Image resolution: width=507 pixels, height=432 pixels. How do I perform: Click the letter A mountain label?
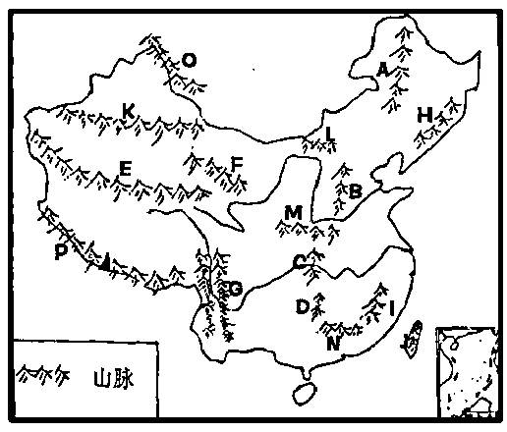pyautogui.click(x=382, y=69)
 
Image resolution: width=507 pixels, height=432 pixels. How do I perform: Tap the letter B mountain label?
pyautogui.click(x=356, y=191)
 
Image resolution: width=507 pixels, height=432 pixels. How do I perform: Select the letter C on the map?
pyautogui.click(x=299, y=262)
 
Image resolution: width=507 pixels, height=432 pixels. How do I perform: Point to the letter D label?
pyautogui.click(x=302, y=306)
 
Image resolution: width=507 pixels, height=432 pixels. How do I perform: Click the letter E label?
pyautogui.click(x=126, y=169)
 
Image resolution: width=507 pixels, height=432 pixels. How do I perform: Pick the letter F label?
pyautogui.click(x=236, y=164)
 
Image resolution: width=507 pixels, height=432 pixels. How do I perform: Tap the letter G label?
pyautogui.click(x=236, y=289)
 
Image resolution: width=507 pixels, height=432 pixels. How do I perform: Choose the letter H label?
pyautogui.click(x=424, y=115)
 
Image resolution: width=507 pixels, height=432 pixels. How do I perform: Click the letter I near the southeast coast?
pyautogui.click(x=391, y=308)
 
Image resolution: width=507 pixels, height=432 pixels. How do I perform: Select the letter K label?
pyautogui.click(x=128, y=111)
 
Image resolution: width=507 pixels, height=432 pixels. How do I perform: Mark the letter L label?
pyautogui.click(x=330, y=134)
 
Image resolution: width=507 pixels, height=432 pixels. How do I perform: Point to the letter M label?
pyautogui.click(x=293, y=212)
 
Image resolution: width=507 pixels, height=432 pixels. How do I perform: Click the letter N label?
pyautogui.click(x=333, y=344)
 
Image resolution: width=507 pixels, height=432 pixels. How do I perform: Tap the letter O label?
pyautogui.click(x=189, y=61)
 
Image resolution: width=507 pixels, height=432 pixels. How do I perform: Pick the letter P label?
pyautogui.click(x=61, y=251)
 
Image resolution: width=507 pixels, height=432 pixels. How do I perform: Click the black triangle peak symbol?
pyautogui.click(x=105, y=263)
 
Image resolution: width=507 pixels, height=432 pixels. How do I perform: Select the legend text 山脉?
pyautogui.click(x=114, y=379)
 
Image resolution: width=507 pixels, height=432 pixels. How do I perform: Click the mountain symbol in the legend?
pyautogui.click(x=43, y=374)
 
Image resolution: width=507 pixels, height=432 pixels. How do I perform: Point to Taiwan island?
pyautogui.click(x=412, y=339)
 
